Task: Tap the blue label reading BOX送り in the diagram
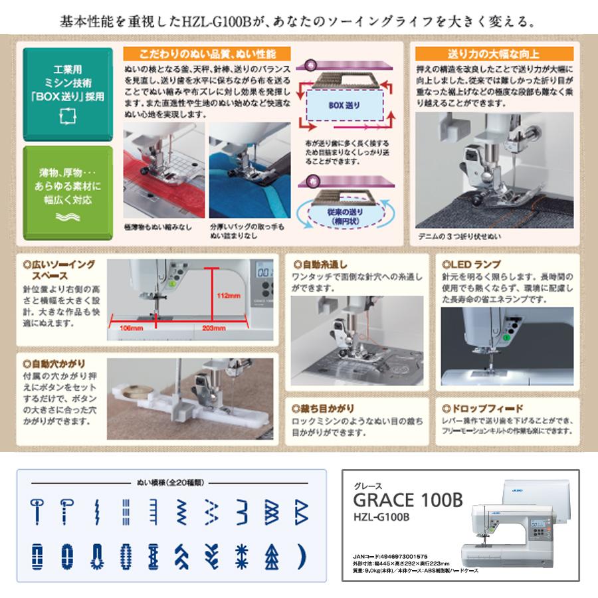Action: click(344, 105)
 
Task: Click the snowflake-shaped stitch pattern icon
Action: click(241, 553)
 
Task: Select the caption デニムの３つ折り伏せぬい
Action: click(459, 236)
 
